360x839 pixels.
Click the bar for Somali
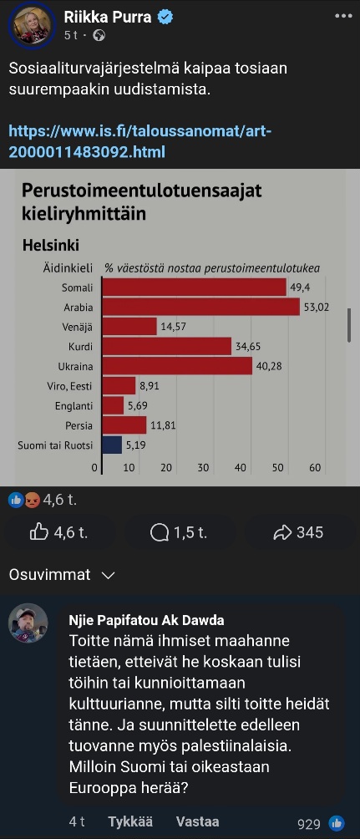[x=194, y=287]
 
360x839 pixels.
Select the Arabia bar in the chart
[x=201, y=308]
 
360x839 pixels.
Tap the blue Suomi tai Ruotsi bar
[x=112, y=445]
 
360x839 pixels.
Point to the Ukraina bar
[x=177, y=367]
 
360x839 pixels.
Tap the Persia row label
[x=79, y=426]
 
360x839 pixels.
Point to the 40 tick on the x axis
[x=241, y=468]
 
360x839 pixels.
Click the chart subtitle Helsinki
[x=51, y=246]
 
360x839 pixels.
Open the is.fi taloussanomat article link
[x=140, y=141]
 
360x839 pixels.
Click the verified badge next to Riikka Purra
[x=165, y=17]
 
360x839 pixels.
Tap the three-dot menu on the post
[x=343, y=16]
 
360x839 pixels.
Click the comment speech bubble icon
[x=160, y=532]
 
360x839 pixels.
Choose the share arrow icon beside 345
[x=281, y=532]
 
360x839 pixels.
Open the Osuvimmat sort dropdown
[x=62, y=575]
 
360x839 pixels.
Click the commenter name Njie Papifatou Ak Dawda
[x=146, y=620]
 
